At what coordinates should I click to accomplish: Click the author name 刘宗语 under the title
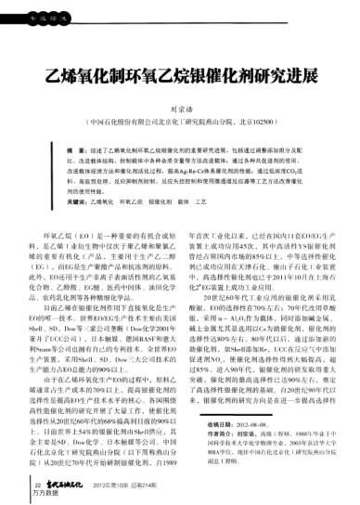point(180,108)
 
